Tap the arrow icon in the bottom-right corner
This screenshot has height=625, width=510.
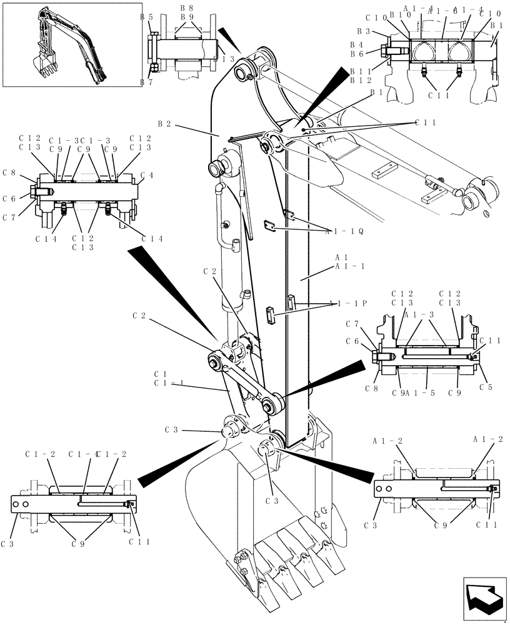tap(484, 598)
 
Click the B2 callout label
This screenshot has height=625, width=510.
tap(164, 124)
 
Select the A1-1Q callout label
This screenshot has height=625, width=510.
tap(344, 231)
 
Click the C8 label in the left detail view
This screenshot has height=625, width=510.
tap(9, 172)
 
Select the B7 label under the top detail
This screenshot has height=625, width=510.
tap(147, 82)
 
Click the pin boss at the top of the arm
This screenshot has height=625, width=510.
tap(243, 73)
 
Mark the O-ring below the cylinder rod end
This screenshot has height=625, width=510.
tap(486, 216)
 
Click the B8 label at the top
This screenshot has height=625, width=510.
tap(187, 7)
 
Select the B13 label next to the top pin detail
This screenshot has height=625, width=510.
tap(226, 58)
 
